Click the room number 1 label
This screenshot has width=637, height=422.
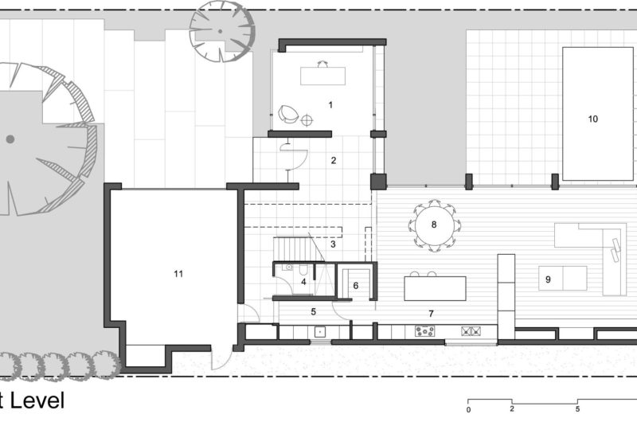pos(330,104)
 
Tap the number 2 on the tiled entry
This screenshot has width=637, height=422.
pos(334,160)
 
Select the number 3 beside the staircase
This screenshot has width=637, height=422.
pos(332,244)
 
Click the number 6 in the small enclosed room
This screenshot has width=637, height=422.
pos(356,285)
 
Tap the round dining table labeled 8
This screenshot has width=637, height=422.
pos(434,225)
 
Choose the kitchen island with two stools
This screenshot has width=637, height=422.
pos(435,287)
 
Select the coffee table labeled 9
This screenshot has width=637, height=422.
pos(562,279)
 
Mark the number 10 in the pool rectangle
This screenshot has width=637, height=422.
pos(592,119)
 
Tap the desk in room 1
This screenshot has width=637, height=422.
pos(323,75)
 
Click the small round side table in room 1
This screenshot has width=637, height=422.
pos(307,120)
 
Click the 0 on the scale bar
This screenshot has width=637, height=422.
pos(469,411)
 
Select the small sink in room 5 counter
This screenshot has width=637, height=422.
pos(319,331)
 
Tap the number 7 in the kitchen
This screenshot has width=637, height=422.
pos(431,314)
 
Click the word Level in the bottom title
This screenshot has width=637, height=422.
pos(38,401)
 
